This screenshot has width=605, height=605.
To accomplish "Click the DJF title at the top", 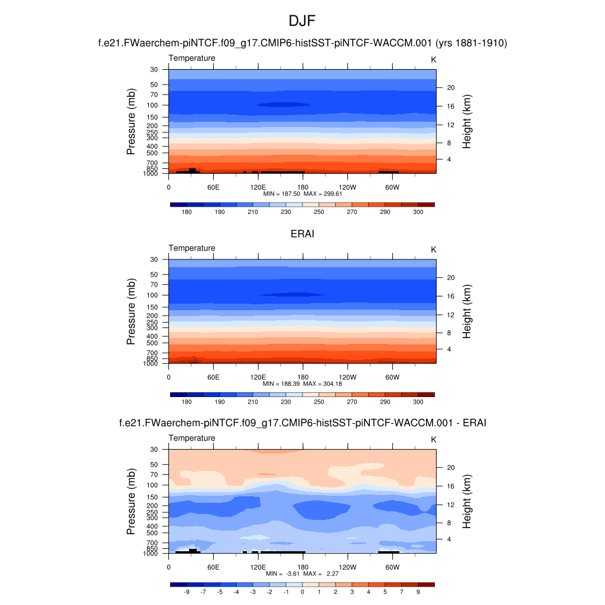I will [302, 22].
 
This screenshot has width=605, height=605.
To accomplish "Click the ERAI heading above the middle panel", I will [302, 234].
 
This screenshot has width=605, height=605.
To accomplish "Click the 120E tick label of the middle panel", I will [258, 377].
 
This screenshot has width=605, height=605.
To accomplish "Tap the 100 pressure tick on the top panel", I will [153, 105].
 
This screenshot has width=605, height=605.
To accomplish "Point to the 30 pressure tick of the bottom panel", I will [155, 450].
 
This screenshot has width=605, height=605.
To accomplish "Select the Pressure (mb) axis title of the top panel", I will [131, 122].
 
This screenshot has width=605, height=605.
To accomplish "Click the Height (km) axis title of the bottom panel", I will [467, 502].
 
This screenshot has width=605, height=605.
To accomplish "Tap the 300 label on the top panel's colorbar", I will [418, 212].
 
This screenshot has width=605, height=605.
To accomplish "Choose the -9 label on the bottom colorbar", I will [187, 591].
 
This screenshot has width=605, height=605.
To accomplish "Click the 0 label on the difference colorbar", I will [302, 591].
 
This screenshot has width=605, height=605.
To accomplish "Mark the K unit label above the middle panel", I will [433, 249].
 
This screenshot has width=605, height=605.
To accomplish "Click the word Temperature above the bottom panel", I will [192, 438].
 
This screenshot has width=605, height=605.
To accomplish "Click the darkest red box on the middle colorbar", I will [426, 395].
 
